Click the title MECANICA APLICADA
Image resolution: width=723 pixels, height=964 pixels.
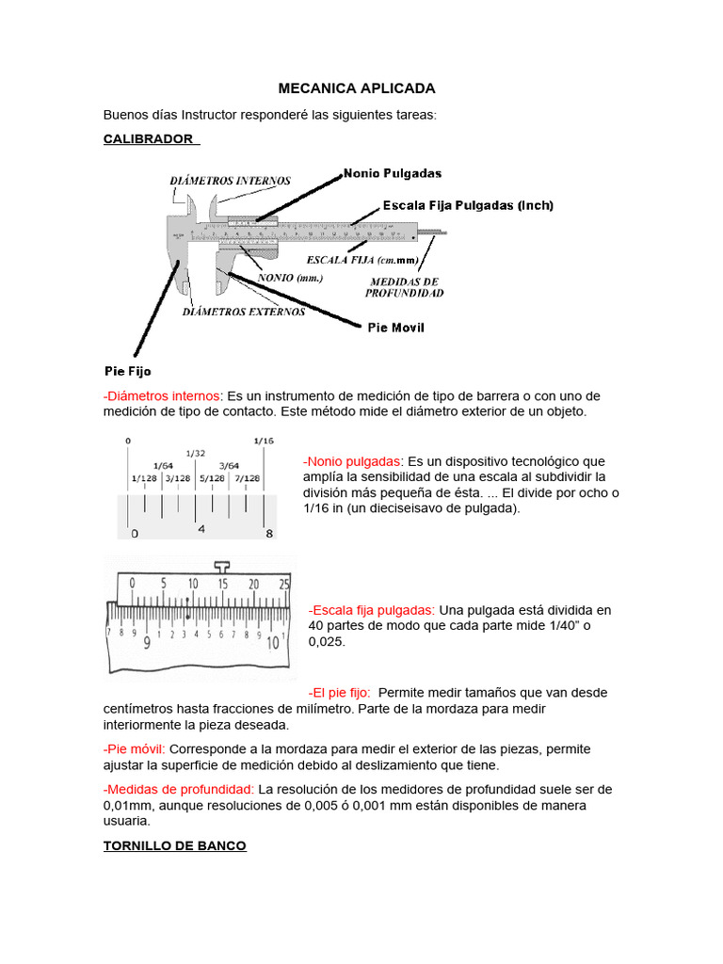[357, 88]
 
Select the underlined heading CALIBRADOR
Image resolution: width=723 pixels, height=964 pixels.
[150, 139]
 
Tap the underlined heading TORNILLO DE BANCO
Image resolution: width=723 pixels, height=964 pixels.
[174, 846]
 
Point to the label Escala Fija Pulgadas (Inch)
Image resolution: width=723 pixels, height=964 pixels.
[468, 205]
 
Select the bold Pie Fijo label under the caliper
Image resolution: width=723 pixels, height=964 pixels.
[127, 371]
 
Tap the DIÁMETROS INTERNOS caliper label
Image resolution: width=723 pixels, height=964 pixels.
[230, 181]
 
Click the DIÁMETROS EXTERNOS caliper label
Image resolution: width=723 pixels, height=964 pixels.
[244, 312]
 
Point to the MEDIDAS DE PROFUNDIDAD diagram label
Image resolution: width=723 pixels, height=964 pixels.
[405, 287]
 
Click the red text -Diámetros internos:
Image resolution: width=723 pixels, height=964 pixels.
[163, 396]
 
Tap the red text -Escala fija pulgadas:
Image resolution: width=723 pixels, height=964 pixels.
[372, 610]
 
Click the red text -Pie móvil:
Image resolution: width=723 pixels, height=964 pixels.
[134, 749]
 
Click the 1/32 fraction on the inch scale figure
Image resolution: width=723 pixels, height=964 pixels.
[196, 453]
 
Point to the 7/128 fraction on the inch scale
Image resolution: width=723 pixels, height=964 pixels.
[247, 478]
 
